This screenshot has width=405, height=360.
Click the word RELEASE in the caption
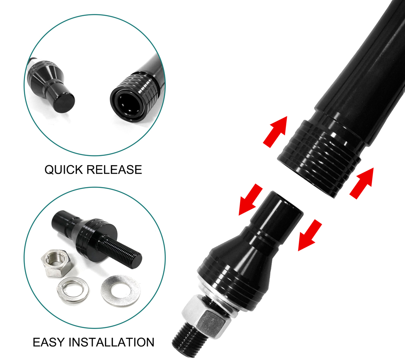tap(114, 170)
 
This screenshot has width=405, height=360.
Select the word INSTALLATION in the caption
tap(111, 342)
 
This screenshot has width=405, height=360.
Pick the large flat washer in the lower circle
tap(121, 291)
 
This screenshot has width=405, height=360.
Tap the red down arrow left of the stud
tap(250, 199)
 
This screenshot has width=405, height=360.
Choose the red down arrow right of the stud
tap(309, 235)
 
